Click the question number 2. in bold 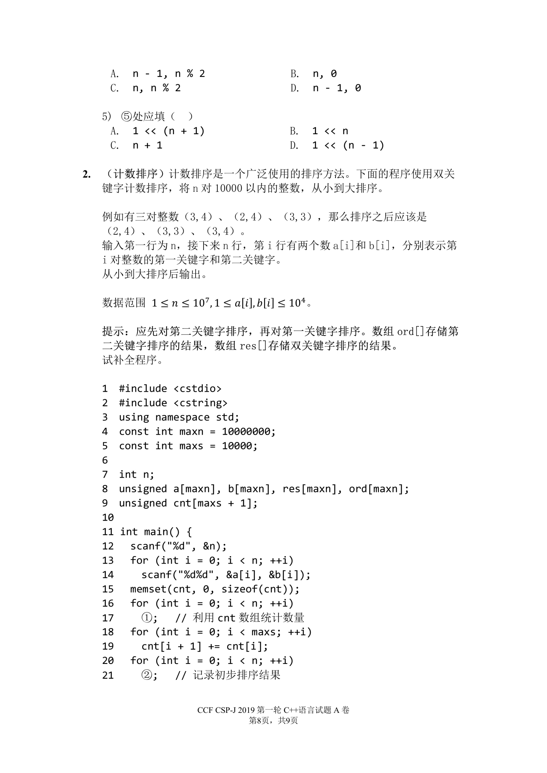[87, 174]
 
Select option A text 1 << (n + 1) [168, 131]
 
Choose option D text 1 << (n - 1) [348, 145]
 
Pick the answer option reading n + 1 [148, 145]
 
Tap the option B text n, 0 [325, 73]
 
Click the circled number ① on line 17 [147, 617]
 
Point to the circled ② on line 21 [147, 675]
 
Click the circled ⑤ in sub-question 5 [126, 116]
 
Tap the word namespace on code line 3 [182, 417]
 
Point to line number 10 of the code [108, 517]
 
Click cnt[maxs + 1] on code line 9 [212, 503]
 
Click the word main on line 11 [156, 532]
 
